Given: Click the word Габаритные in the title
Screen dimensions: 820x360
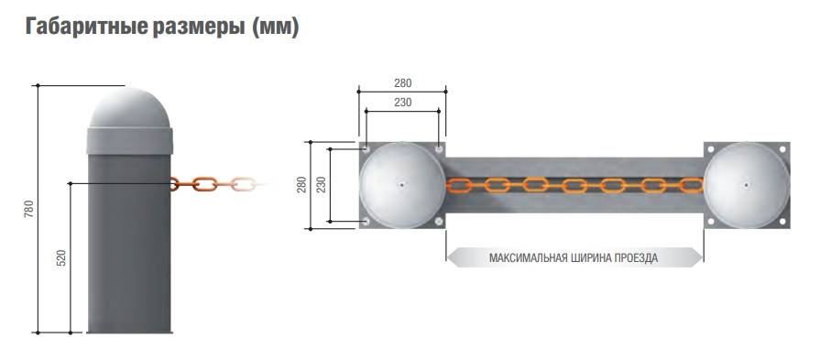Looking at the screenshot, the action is click(x=86, y=27).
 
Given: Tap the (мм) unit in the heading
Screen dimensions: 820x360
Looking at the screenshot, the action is click(x=275, y=27).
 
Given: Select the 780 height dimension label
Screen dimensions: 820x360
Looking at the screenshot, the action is click(x=29, y=209).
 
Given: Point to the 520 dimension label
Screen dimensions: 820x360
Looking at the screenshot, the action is click(x=61, y=258).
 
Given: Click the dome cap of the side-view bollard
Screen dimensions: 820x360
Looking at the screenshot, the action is click(x=130, y=108).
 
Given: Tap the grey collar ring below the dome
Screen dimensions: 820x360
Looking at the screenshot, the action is click(x=130, y=141).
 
